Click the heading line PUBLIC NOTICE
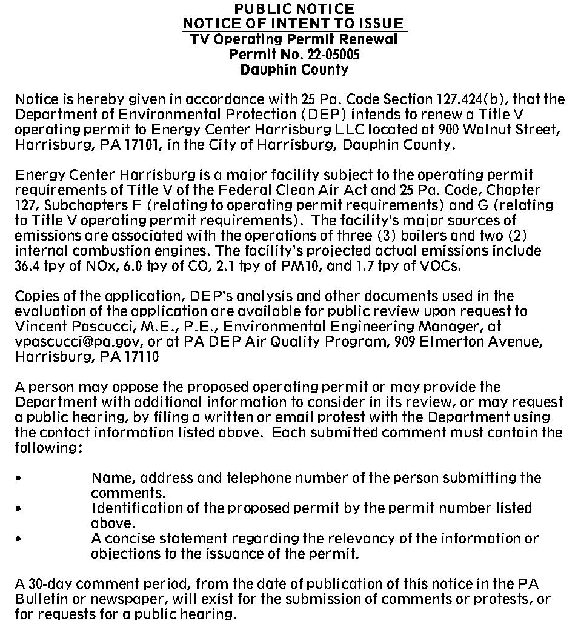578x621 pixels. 294,9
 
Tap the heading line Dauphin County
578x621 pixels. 294,70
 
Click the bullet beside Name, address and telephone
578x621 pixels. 19,478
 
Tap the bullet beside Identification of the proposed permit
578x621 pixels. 19,508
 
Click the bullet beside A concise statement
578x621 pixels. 19,539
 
